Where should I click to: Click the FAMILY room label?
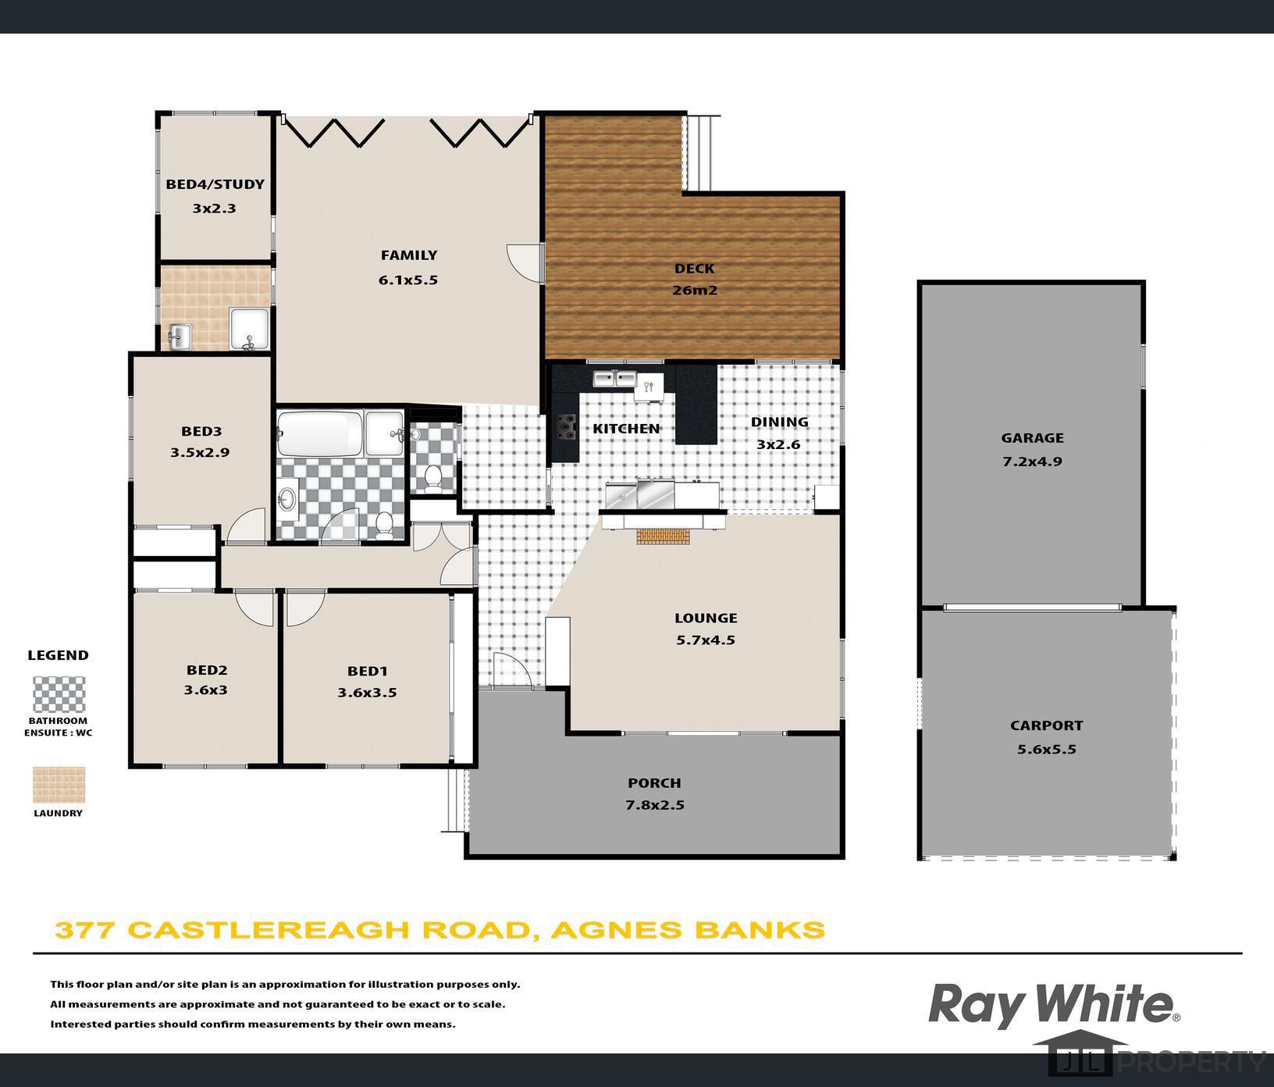tap(408, 255)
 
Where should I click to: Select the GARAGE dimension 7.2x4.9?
tap(1032, 461)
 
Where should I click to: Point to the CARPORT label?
tap(1046, 725)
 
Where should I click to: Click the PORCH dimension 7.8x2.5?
tap(655, 805)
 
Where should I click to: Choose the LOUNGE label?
tap(706, 618)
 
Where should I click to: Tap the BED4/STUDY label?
tap(215, 184)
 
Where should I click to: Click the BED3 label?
tap(201, 431)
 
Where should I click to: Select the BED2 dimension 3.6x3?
tap(206, 690)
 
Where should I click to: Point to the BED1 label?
tap(368, 671)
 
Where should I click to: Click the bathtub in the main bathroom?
tap(320, 433)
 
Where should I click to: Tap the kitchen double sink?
tap(614, 379)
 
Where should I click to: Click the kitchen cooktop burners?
tap(565, 428)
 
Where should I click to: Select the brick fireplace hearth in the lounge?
tap(664, 536)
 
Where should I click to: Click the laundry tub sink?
tap(180, 337)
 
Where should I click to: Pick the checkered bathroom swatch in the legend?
tap(59, 694)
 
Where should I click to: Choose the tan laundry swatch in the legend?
tap(59, 785)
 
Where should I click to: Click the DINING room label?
tap(779, 422)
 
